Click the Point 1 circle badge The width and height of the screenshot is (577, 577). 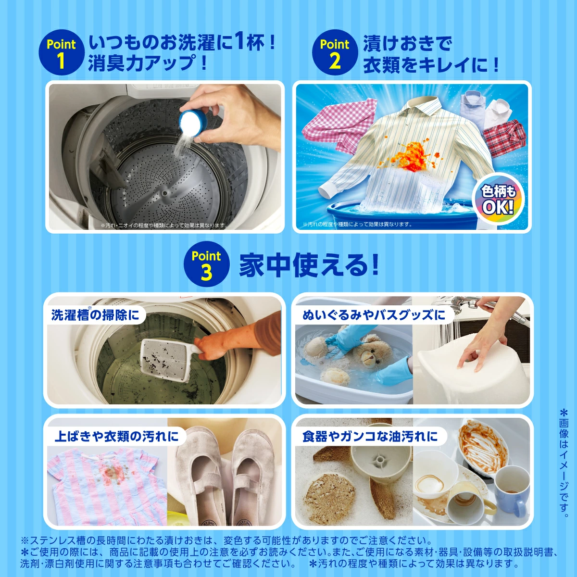click(x=62, y=52)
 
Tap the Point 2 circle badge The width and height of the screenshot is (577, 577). click(x=335, y=52)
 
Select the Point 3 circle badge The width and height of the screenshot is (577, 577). click(x=206, y=264)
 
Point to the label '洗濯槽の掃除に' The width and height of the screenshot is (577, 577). click(x=95, y=315)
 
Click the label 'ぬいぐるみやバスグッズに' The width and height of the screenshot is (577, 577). click(x=374, y=315)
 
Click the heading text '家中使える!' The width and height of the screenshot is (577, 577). click(x=308, y=264)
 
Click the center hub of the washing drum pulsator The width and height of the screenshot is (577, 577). click(x=164, y=193)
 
